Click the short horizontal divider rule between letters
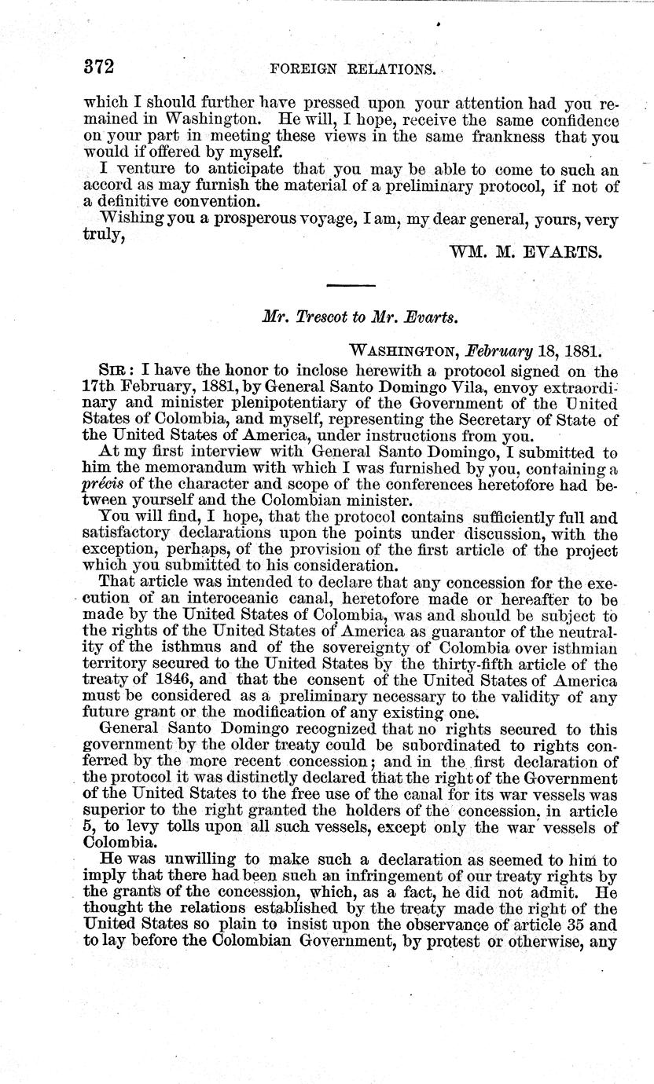coord(351,285)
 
